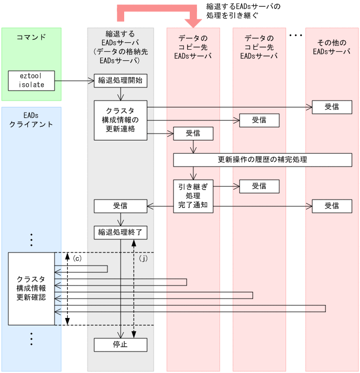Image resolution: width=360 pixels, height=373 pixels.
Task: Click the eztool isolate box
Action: click(x=31, y=80)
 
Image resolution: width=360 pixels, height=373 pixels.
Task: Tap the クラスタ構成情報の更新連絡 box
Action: click(x=120, y=120)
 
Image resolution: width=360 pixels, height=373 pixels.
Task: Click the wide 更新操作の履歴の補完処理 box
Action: click(x=262, y=159)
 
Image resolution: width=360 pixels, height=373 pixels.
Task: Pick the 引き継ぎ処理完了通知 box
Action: click(x=193, y=196)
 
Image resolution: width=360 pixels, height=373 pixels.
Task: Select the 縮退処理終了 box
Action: click(x=120, y=231)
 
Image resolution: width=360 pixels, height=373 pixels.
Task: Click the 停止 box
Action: click(x=120, y=345)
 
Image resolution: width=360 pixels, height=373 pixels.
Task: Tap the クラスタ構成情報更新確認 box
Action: click(x=31, y=288)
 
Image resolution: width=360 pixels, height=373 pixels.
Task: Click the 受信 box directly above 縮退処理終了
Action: click(x=120, y=206)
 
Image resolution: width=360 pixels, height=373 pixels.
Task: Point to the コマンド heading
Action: click(x=31, y=37)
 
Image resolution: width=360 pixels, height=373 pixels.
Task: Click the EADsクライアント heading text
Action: click(x=31, y=119)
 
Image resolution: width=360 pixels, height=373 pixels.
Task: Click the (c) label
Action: click(x=77, y=259)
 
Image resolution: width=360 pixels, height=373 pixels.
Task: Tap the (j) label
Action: click(x=144, y=259)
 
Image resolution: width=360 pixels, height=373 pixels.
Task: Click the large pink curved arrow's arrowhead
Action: click(x=194, y=22)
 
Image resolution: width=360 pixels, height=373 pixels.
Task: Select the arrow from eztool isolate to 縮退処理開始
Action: click(x=74, y=81)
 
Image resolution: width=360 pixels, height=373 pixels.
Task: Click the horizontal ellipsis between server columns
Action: click(x=296, y=36)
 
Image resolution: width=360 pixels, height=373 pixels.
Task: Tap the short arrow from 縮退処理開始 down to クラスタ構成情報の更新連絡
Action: click(x=121, y=94)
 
